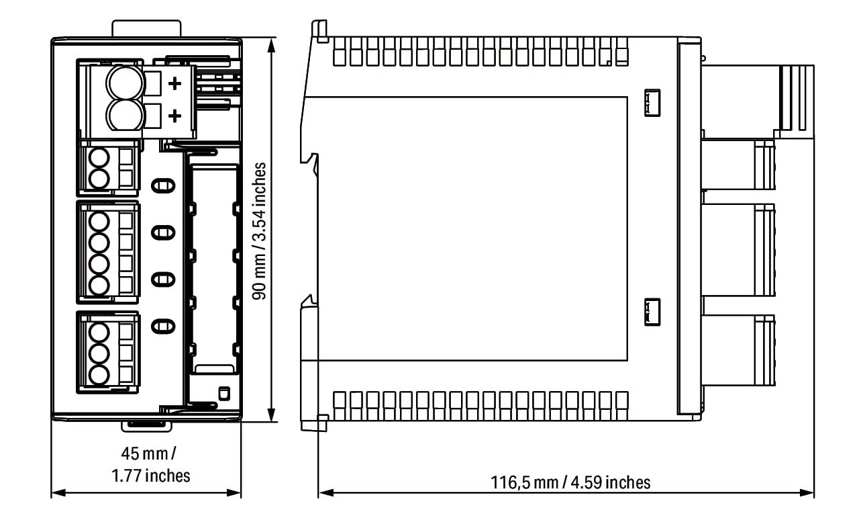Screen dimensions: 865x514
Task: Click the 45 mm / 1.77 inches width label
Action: [150, 464]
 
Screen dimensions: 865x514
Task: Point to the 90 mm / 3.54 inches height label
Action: [259, 231]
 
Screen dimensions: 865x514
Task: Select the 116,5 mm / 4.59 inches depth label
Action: [570, 482]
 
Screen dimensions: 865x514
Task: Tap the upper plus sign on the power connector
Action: [175, 83]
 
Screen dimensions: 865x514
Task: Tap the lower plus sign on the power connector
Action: [175, 116]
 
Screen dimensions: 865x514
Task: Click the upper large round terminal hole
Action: [125, 83]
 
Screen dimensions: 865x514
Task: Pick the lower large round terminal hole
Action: [125, 115]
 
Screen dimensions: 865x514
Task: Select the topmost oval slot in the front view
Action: [163, 185]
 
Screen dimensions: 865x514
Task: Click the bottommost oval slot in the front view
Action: [163, 326]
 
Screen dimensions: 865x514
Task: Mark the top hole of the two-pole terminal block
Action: [99, 159]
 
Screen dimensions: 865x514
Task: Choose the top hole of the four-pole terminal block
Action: [99, 222]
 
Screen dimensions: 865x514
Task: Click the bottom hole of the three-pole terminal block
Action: [99, 375]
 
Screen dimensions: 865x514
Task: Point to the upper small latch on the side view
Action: [652, 103]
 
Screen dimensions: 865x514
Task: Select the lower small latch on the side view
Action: [652, 312]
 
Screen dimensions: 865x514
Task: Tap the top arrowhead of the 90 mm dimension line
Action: [272, 46]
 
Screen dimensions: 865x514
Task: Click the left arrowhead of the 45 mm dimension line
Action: [58, 492]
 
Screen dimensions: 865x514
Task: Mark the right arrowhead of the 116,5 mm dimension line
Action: [807, 492]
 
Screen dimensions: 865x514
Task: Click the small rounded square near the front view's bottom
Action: [224, 393]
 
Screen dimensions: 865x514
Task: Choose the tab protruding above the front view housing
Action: [146, 29]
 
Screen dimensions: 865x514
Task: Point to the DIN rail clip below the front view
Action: [147, 426]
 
